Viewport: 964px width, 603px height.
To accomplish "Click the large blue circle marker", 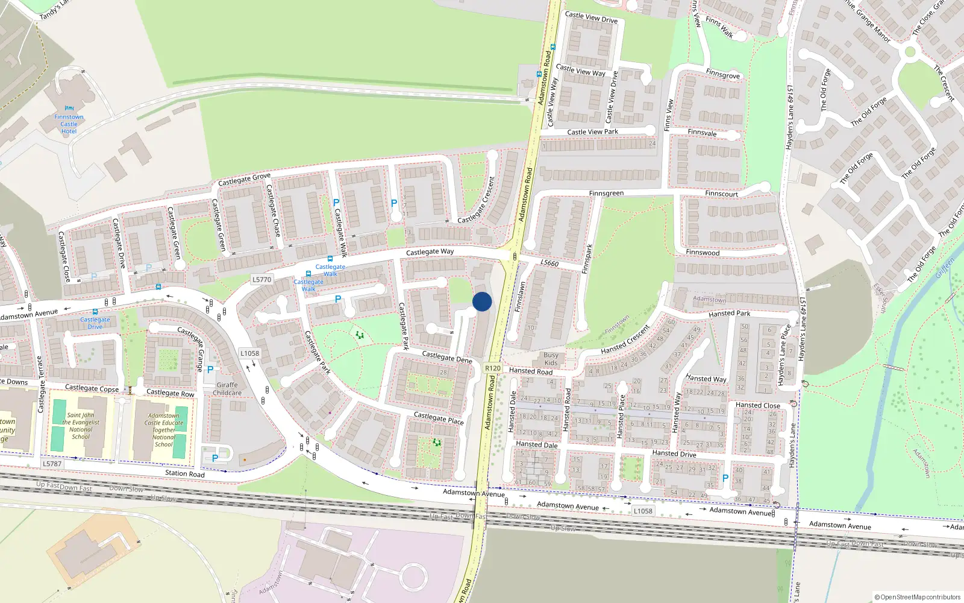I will (482, 301).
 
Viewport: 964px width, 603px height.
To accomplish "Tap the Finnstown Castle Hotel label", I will (69, 124).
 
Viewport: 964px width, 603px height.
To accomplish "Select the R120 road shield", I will (492, 368).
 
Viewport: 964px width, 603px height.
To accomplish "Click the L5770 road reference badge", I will (261, 279).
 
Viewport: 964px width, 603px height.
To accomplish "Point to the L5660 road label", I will (549, 263).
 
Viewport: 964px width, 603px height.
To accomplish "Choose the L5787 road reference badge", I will (52, 464).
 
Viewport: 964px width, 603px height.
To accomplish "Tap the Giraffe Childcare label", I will (227, 389).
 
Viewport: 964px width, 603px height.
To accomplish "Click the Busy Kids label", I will (551, 359).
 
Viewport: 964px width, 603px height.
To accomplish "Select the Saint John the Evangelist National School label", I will (81, 426).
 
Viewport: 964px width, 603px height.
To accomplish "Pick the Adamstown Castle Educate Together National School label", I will (163, 430).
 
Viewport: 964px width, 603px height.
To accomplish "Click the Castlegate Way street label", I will (430, 251).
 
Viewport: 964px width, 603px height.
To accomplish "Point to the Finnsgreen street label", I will (606, 194).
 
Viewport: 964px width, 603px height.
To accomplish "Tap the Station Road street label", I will (185, 473).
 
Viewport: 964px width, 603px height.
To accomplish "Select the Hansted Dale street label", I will (536, 444).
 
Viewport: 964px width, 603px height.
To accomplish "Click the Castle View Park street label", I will (592, 131).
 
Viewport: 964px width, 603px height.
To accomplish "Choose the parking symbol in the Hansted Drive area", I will (725, 478).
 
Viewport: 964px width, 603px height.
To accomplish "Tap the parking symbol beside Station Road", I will (215, 458).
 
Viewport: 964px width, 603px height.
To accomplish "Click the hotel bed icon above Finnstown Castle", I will (69, 109).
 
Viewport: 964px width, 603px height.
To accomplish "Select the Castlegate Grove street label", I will (244, 179).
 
